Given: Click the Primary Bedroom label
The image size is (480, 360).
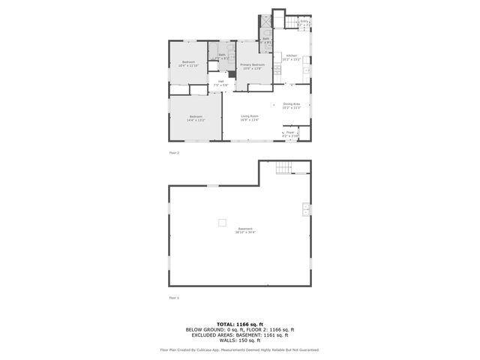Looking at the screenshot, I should pyautogui.click(x=251, y=67).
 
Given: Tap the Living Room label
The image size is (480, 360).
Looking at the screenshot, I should pyautogui.click(x=250, y=118).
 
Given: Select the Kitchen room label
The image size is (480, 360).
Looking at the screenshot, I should pyautogui.click(x=292, y=57).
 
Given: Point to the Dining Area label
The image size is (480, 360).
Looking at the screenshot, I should pyautogui.click(x=292, y=106).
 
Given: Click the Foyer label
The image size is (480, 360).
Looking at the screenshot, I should pyautogui.click(x=290, y=133).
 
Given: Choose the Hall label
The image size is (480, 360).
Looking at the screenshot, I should pyautogui.click(x=221, y=82).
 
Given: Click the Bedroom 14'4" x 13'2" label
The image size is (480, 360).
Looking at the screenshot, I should pyautogui.click(x=195, y=118).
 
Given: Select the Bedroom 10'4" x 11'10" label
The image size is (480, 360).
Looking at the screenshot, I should pyautogui.click(x=187, y=64).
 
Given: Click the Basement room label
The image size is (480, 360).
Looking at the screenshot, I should pyautogui.click(x=245, y=230).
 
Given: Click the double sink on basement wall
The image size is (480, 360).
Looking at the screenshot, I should pyautogui.click(x=306, y=209).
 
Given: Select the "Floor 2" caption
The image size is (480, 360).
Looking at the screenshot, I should pyautogui.click(x=174, y=152).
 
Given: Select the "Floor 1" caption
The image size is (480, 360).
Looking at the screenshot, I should pyautogui.click(x=174, y=298).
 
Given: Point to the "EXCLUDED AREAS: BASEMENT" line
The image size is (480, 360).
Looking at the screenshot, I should pyautogui.click(x=239, y=334).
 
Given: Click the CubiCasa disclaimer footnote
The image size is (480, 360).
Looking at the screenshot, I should pyautogui.click(x=239, y=349).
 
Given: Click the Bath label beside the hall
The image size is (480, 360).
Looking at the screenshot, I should pyautogui.click(x=223, y=55).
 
